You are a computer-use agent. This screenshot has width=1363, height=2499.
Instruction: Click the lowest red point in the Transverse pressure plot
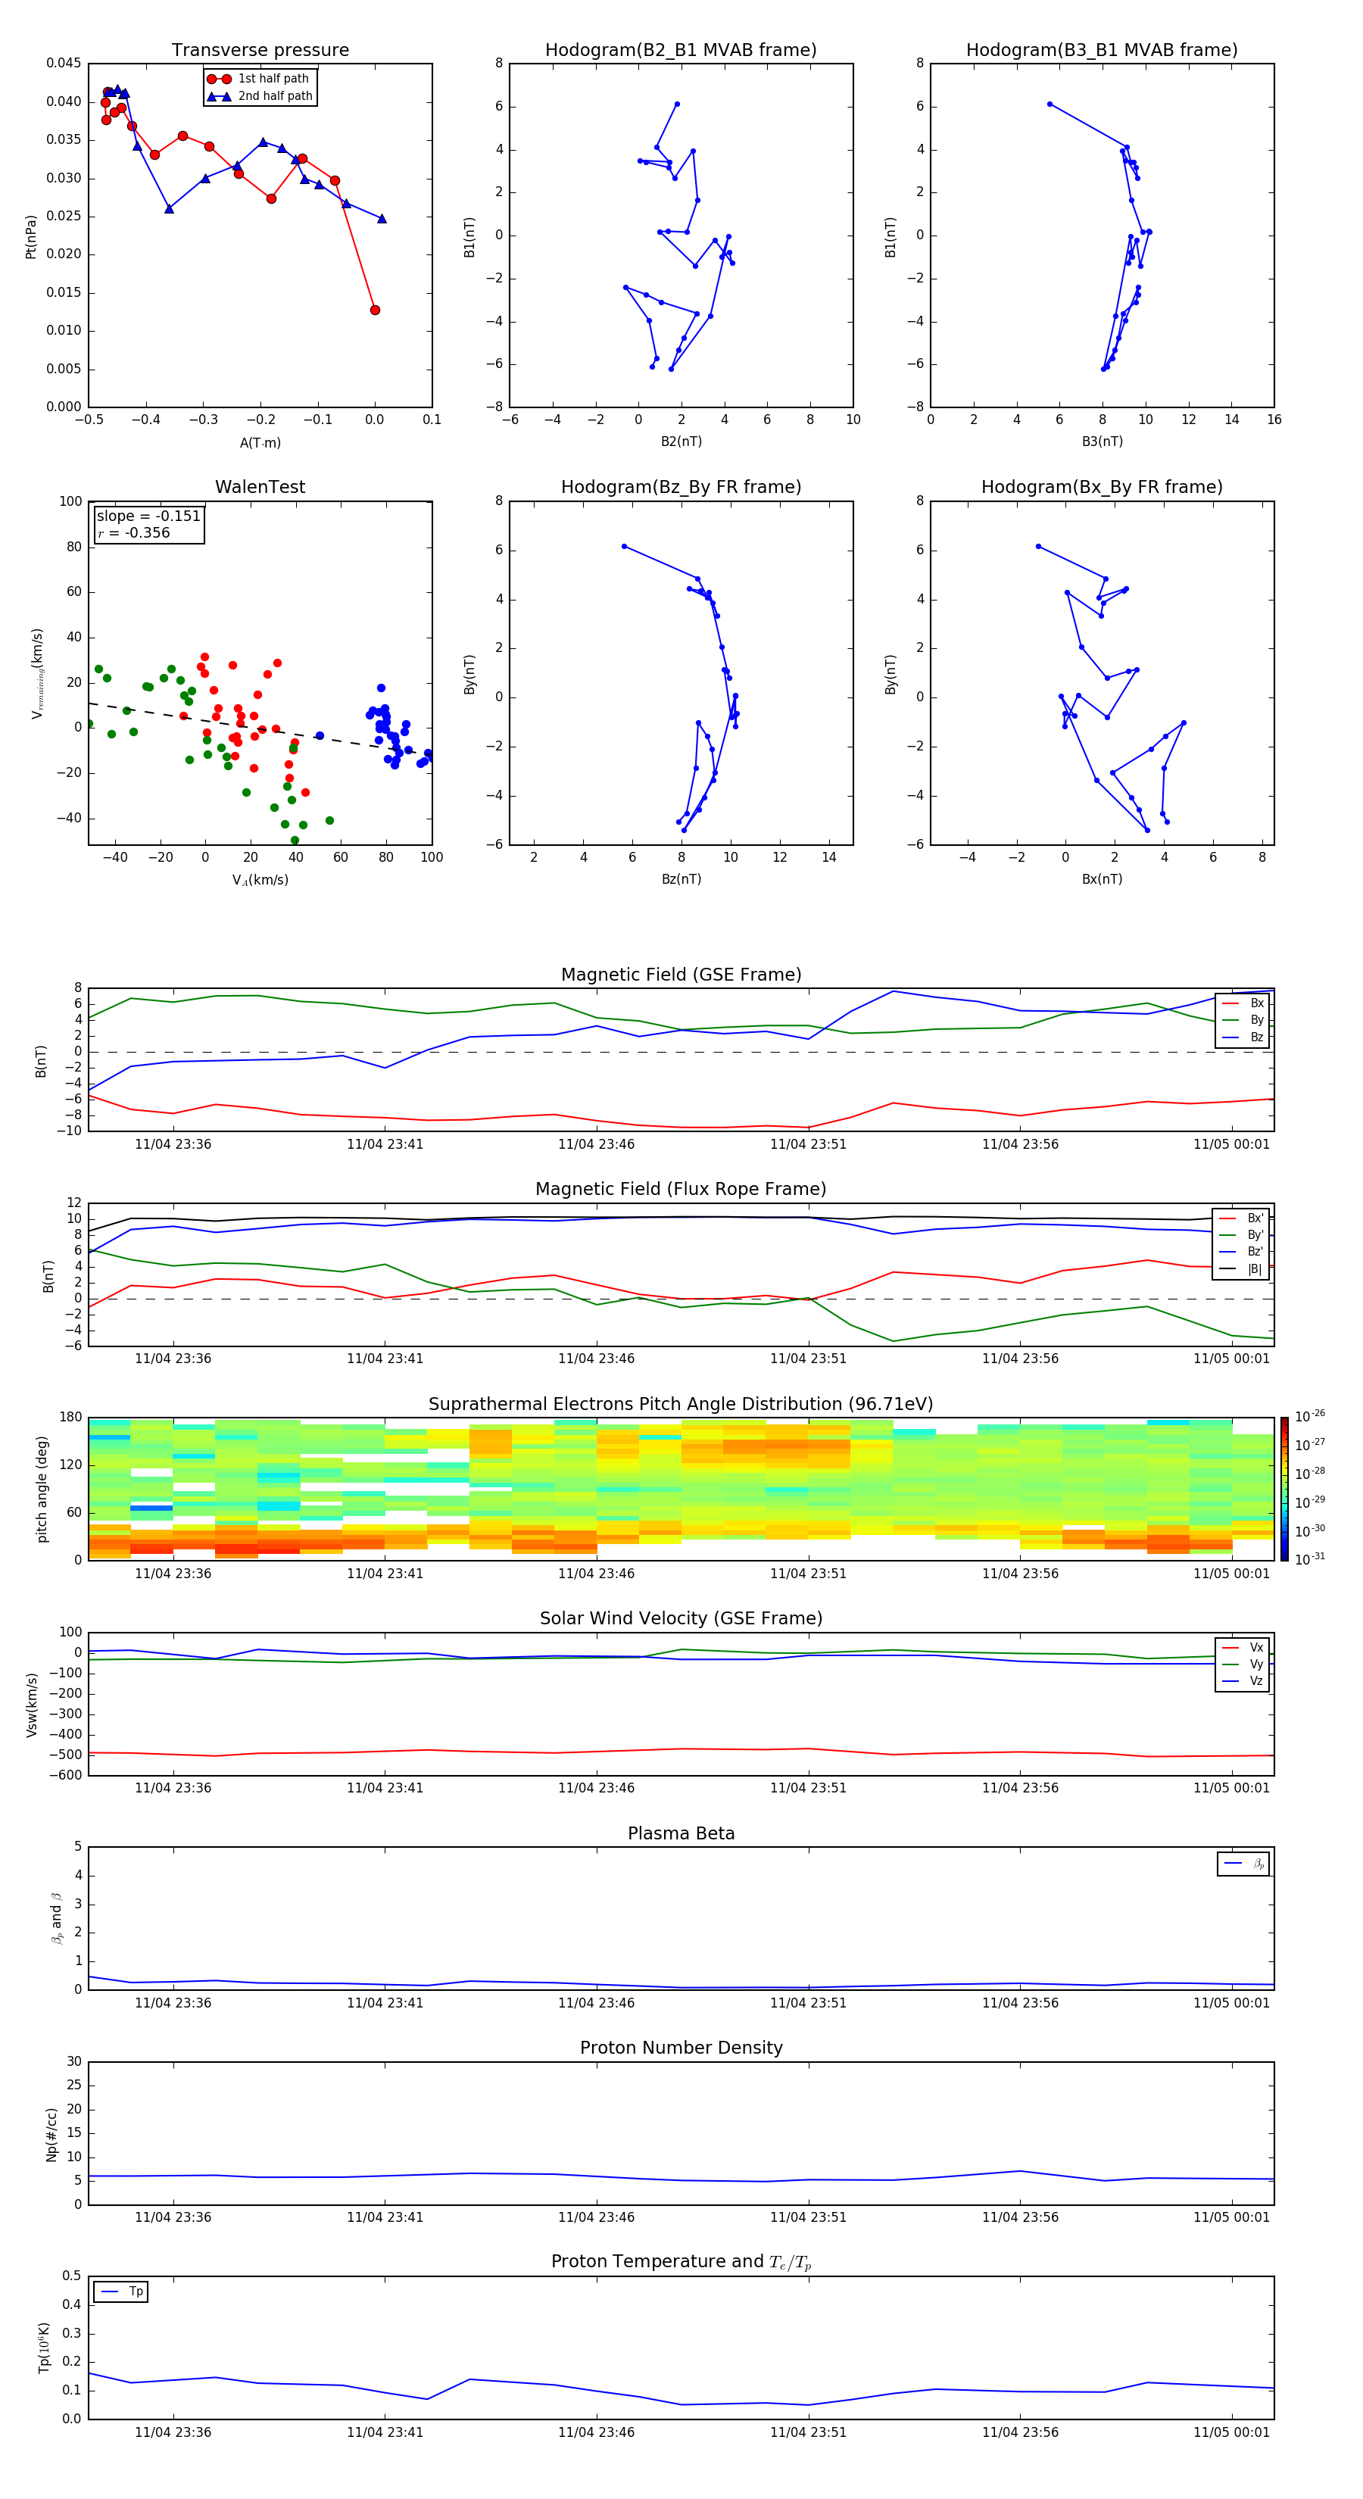(x=375, y=310)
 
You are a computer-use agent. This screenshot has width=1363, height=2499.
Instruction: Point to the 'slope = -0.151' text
(x=148, y=516)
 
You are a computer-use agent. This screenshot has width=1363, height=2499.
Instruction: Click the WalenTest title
(x=260, y=487)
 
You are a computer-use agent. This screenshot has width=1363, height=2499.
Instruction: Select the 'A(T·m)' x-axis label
(x=260, y=442)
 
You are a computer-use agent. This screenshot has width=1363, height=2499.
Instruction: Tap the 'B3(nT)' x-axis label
(x=1102, y=441)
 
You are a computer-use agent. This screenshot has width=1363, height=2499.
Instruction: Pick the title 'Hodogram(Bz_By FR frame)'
(x=680, y=487)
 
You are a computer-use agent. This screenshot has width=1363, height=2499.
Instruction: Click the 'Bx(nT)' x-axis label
(x=1102, y=879)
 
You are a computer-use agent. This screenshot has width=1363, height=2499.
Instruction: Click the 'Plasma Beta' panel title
(x=680, y=1833)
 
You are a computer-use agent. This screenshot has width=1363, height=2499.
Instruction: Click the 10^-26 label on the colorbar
(x=1310, y=1416)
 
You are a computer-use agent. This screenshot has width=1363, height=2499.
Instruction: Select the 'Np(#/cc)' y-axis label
(x=52, y=2133)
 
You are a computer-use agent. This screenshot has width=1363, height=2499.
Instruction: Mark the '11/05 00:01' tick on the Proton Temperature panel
(x=1231, y=2432)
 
